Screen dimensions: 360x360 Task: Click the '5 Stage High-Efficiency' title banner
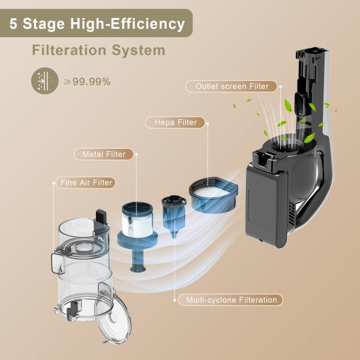(96, 24)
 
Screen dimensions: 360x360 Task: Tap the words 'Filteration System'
(98, 50)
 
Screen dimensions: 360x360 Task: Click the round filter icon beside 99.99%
(46, 81)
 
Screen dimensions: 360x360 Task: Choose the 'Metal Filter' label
(104, 154)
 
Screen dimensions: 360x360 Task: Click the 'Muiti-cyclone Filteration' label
(231, 299)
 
